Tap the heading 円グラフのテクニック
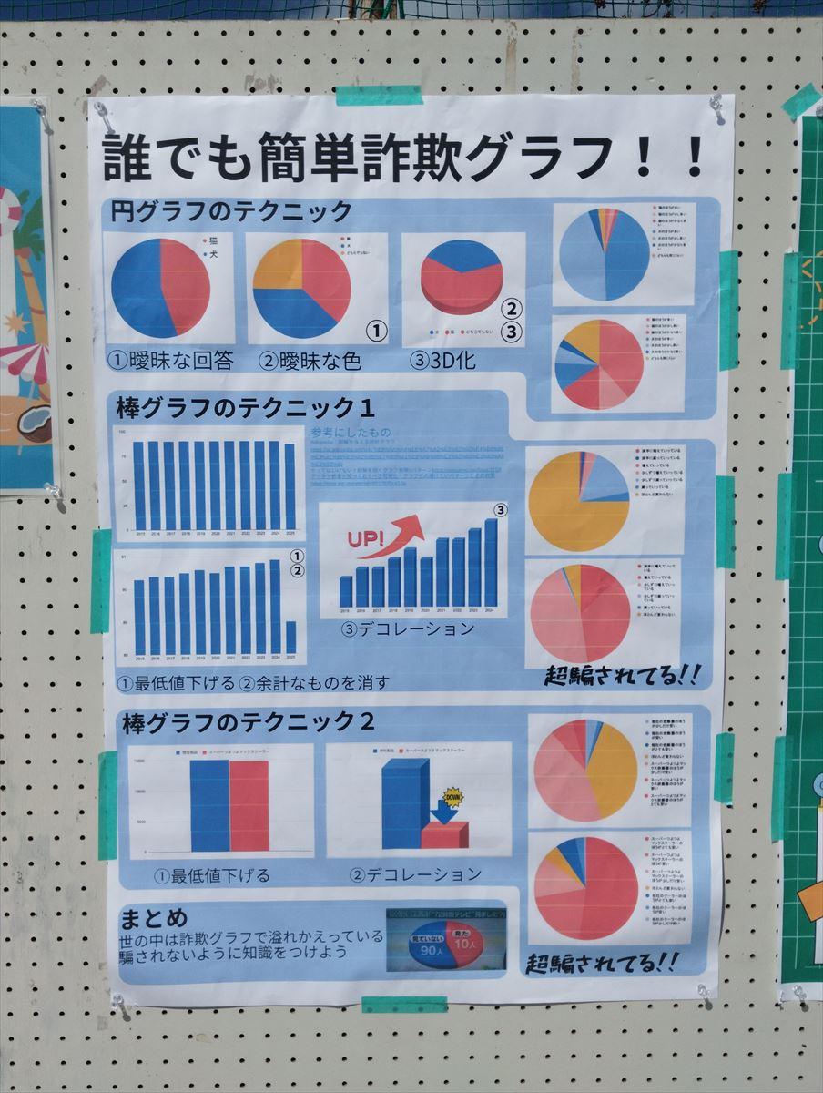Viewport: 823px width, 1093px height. click(231, 212)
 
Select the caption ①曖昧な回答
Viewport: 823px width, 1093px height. click(171, 360)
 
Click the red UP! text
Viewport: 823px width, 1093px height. click(366, 539)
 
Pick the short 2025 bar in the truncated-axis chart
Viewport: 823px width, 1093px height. click(290, 637)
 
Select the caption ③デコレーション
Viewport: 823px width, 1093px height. click(408, 628)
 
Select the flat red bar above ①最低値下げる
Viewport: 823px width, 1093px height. click(249, 805)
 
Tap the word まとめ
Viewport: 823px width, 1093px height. click(153, 916)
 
